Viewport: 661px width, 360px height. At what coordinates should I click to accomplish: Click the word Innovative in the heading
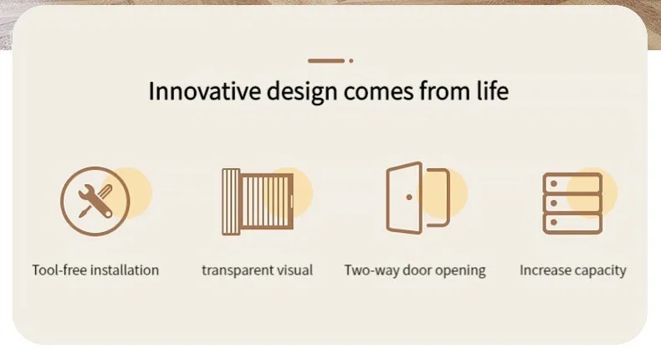[204, 91]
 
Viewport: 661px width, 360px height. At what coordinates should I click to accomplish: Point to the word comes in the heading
[378, 93]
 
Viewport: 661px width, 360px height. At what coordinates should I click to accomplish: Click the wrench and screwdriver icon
[95, 201]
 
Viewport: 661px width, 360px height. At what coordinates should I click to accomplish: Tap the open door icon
[418, 198]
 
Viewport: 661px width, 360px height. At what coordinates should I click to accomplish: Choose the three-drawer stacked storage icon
[572, 203]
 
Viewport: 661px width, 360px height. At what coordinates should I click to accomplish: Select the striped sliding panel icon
[257, 202]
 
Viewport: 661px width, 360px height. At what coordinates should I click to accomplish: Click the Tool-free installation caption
[95, 270]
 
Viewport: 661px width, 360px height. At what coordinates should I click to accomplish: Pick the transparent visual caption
[257, 270]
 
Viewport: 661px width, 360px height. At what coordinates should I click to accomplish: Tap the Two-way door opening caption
[415, 270]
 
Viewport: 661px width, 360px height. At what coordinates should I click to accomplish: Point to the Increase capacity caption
[573, 270]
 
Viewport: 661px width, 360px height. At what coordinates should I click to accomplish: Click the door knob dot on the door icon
[409, 197]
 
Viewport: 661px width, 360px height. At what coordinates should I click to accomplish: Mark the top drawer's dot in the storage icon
[554, 183]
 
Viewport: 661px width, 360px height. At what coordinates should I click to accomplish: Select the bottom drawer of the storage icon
[572, 224]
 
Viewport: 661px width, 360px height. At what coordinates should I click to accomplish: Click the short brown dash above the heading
[326, 61]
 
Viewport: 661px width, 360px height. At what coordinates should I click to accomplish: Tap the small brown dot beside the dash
[351, 61]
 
